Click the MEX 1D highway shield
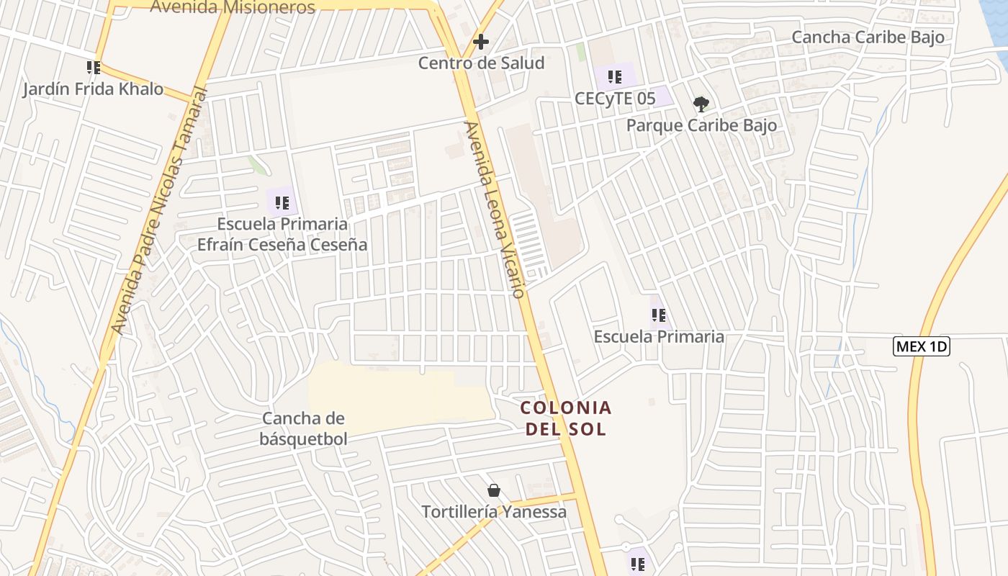tap(922, 346)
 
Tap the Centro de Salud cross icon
tap(480, 42)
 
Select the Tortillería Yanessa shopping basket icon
tap(494, 491)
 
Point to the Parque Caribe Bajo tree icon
tap(701, 104)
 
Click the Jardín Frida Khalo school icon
tap(93, 68)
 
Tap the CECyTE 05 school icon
tap(614, 76)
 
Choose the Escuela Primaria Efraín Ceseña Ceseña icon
tap(282, 202)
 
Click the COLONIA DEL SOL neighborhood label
tap(566, 418)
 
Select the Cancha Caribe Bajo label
tap(868, 37)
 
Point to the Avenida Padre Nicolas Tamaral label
tap(160, 212)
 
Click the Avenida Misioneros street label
tap(233, 8)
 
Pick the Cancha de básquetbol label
tap(304, 428)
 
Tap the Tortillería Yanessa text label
tap(494, 512)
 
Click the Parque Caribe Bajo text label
tap(701, 125)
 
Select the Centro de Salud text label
tap(481, 63)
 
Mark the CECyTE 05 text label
tap(615, 98)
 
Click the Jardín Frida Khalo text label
tap(93, 89)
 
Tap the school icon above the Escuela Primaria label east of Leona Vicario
tap(658, 315)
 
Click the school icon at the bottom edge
tap(637, 564)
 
